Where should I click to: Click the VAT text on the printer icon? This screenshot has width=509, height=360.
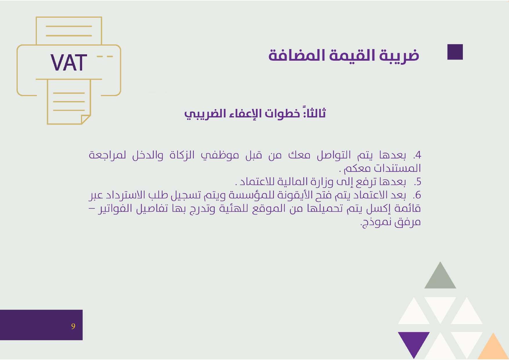click(x=69, y=63)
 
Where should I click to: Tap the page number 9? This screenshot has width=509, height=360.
click(x=73, y=326)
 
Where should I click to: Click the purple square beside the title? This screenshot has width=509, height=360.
click(x=455, y=52)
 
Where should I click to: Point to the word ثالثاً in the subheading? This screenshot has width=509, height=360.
click(x=315, y=113)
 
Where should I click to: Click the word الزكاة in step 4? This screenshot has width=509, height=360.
click(x=182, y=155)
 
